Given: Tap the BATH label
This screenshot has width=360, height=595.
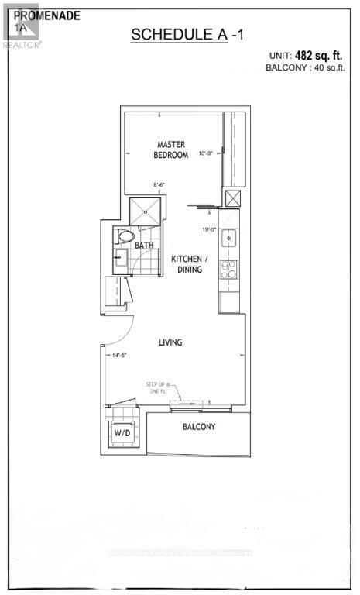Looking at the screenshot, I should [x=144, y=245].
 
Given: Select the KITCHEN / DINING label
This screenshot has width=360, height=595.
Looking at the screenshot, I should [x=187, y=263].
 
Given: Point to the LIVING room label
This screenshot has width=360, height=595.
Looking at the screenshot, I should [x=170, y=342].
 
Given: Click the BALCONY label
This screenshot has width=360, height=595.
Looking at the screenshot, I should [x=198, y=427].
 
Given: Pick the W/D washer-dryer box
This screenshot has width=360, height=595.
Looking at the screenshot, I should [x=123, y=433].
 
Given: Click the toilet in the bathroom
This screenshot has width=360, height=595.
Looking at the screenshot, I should [x=125, y=236].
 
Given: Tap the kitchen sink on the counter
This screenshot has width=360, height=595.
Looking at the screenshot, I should [x=229, y=239].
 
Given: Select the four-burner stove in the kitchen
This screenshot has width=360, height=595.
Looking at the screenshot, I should [x=229, y=269].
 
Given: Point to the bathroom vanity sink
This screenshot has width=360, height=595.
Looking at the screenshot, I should [x=121, y=258].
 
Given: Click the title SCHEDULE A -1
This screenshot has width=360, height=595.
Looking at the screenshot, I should [x=179, y=34].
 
